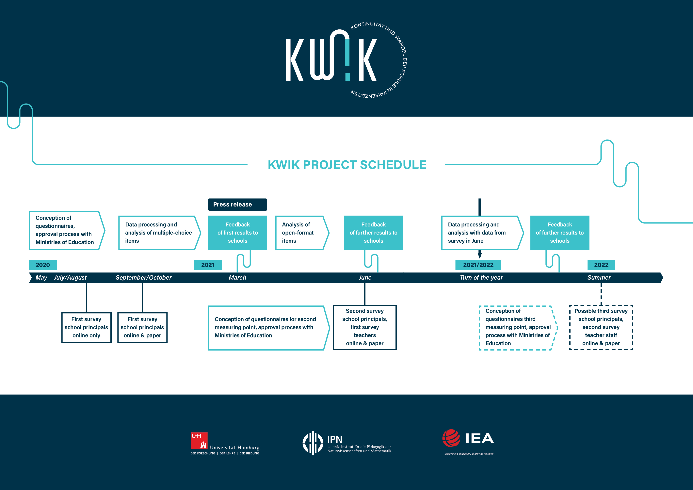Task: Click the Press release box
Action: pyautogui.click(x=237, y=204)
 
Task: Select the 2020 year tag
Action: pyautogui.click(x=43, y=265)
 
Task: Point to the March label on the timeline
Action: pyautogui.click(x=237, y=277)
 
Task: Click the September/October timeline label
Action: pyautogui.click(x=143, y=277)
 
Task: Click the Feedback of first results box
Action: pyautogui.click(x=237, y=233)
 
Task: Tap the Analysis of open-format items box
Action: pyautogui.click(x=302, y=233)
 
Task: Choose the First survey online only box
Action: pyautogui.click(x=86, y=327)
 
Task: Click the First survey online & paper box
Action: pyautogui.click(x=142, y=327)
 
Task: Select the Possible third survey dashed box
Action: pyautogui.click(x=601, y=327)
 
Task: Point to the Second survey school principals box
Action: pyautogui.click(x=365, y=327)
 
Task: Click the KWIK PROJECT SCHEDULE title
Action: pyautogui.click(x=347, y=165)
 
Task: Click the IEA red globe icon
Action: pyautogui.click(x=451, y=438)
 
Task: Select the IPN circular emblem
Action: pyautogui.click(x=313, y=443)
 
